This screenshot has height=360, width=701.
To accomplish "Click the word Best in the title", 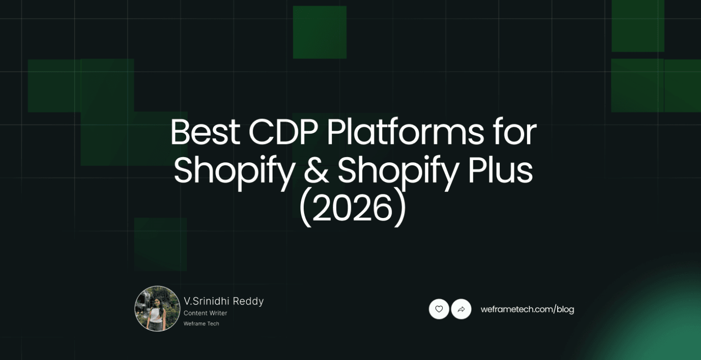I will coord(205,132).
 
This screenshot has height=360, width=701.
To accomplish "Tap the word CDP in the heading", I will coord(283,132).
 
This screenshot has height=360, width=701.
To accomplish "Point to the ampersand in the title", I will coord(316,170).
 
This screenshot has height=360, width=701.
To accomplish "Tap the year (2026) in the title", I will coord(352,208).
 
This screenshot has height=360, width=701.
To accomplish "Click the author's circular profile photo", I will coord(157,309).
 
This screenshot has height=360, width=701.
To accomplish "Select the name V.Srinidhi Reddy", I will coord(224,301).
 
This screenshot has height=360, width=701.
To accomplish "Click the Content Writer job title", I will coord(205,313).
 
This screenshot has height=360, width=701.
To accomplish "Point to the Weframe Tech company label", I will coord(201,323).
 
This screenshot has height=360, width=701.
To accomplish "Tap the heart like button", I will coord(439,309).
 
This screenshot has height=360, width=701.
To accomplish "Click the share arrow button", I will coord(461,309).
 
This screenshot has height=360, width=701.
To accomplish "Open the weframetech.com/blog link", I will coord(527,309).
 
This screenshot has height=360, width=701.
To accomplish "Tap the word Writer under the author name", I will coord(218,313).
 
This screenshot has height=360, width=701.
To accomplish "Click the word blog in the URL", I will coord(565,309).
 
